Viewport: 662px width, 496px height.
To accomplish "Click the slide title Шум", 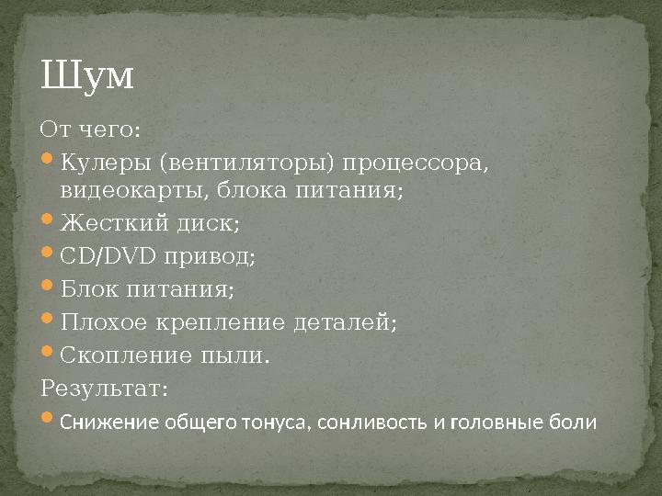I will click(x=87, y=76).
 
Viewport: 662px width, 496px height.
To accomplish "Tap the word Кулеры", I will click(x=106, y=163).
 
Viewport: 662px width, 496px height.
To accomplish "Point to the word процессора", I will click(x=415, y=163).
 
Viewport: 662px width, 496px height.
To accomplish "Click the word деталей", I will click(x=346, y=323).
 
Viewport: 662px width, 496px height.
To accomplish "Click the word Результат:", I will click(x=105, y=389).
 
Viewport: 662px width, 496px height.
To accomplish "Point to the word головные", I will click(x=502, y=423).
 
